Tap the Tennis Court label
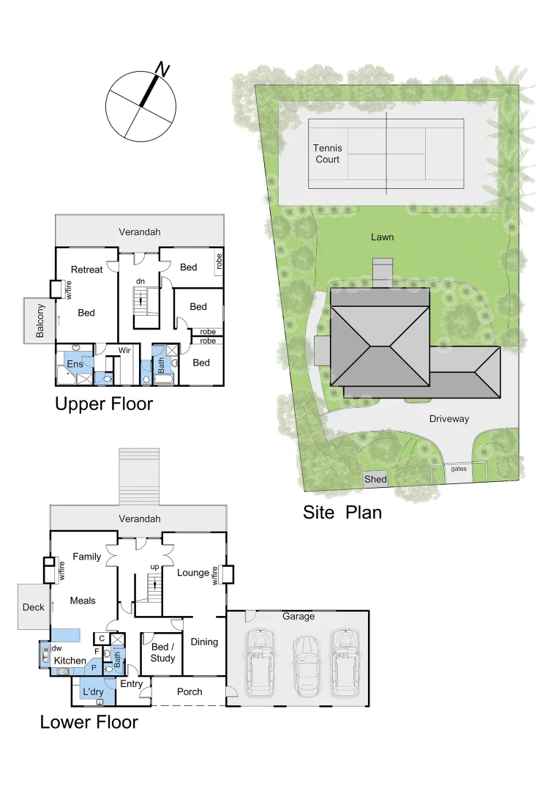point(328,154)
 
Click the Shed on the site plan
point(376,480)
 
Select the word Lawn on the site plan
point(382,237)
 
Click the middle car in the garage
point(307,665)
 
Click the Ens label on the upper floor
point(75,363)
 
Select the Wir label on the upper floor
point(125,351)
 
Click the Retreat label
point(86,270)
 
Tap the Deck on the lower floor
point(34,606)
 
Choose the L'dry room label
point(93,691)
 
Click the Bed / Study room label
point(162,653)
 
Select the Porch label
point(190,691)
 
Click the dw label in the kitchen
point(56,648)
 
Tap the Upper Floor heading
point(104,404)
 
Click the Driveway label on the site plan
point(449,419)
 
